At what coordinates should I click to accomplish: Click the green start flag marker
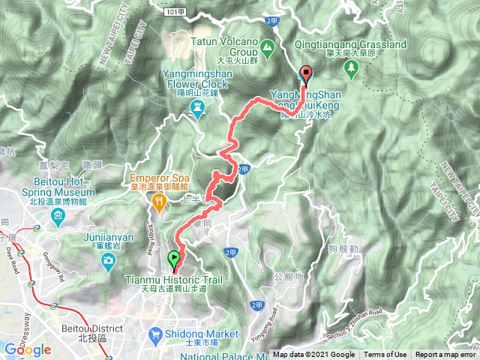tap(175, 259)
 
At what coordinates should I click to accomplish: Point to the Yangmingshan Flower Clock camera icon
tap(198, 107)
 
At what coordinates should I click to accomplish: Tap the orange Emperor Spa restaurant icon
tap(159, 201)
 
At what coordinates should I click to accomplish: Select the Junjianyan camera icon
tap(109, 260)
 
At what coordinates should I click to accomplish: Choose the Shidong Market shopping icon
tap(154, 333)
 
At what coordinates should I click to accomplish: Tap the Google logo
tap(27, 349)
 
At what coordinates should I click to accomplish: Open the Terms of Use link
tap(386, 355)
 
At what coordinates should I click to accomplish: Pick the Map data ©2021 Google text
tap(314, 355)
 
